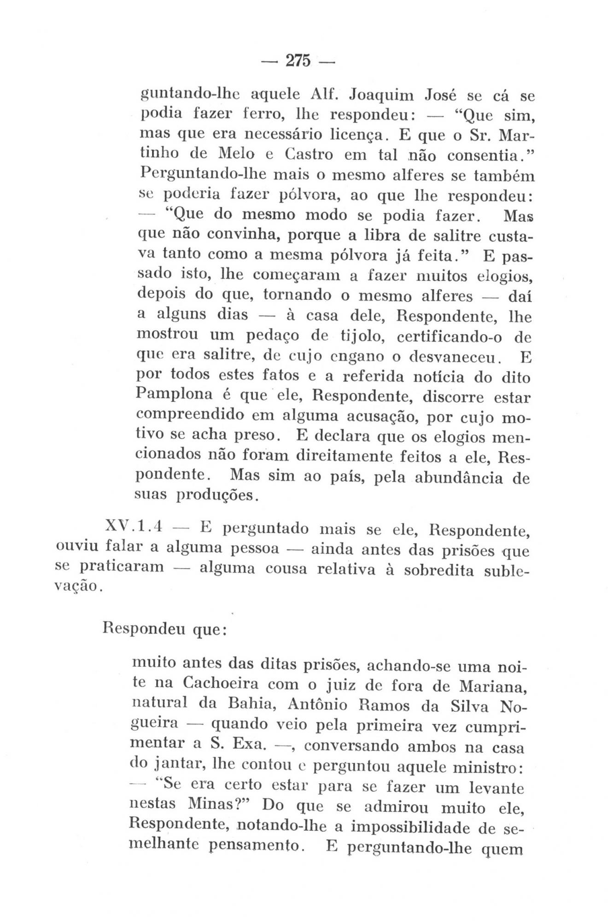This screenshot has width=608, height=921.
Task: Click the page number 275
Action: click(298, 61)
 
